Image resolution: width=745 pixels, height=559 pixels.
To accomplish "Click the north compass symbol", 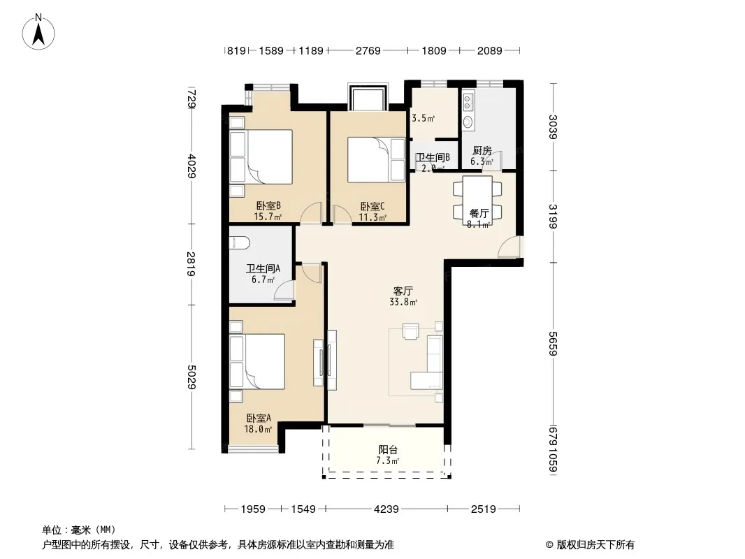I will [40, 31].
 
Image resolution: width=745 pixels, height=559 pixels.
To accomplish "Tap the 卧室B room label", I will [268, 206].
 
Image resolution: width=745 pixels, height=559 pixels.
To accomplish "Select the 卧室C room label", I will [372, 206].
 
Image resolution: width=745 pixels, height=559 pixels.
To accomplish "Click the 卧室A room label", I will [258, 418].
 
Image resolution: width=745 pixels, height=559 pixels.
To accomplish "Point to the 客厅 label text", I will [403, 291].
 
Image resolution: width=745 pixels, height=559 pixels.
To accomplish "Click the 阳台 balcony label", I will [388, 450].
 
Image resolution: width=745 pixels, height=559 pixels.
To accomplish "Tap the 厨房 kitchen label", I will [482, 151].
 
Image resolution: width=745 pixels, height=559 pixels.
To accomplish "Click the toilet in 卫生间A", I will [240, 242].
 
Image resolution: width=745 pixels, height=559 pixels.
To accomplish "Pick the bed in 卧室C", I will [367, 160].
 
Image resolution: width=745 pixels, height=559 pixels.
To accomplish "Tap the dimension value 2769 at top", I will [368, 50].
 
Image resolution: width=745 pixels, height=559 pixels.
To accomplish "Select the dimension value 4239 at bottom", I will [386, 509].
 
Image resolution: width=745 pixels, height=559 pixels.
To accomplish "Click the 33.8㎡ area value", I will [403, 303].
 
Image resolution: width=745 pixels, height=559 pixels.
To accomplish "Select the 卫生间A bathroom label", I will [263, 268].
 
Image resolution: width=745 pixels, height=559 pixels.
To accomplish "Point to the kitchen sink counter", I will [468, 112].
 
